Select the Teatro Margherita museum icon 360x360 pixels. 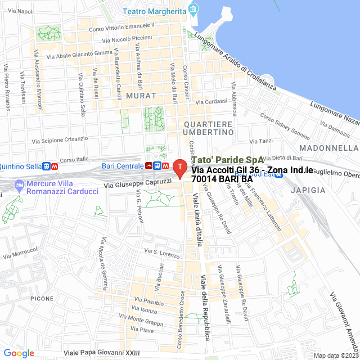pyautogui.click(x=194, y=10)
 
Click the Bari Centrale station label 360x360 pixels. pyautogui.click(x=123, y=166)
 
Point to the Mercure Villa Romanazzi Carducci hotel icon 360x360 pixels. pyautogui.click(x=20, y=184)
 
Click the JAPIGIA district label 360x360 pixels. pyautogui.click(x=308, y=190)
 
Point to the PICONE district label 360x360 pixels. pyautogui.click(x=42, y=298)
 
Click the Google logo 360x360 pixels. pyautogui.click(x=19, y=353)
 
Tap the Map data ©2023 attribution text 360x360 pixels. pyautogui.click(x=336, y=355)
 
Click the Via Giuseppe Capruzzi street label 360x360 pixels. pyautogui.click(x=138, y=183)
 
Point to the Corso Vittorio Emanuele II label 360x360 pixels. pyautogui.click(x=121, y=26)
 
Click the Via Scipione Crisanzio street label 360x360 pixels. pyautogui.click(x=60, y=139)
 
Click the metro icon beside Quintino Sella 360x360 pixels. pyautogui.click(x=55, y=166)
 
